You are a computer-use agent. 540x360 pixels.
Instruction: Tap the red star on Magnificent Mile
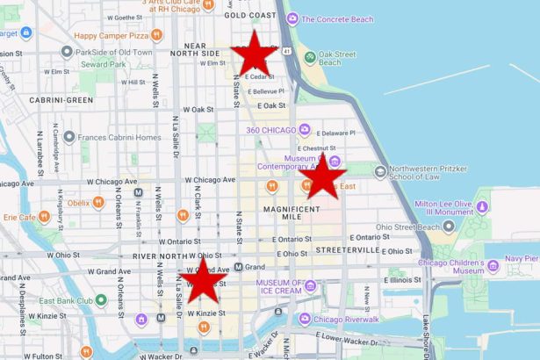(322, 176)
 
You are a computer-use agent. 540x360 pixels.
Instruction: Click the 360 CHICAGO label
(271, 130)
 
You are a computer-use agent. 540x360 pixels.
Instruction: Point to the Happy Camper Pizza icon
(156, 35)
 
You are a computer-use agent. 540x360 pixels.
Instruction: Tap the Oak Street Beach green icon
(309, 57)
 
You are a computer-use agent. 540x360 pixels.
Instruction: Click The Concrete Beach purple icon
(292, 18)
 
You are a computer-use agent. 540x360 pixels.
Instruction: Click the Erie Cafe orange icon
(45, 217)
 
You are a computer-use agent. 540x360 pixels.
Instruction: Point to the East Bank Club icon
(101, 300)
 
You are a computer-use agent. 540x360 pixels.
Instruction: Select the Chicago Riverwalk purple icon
(305, 319)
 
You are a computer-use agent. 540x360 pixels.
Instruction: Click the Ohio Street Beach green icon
(450, 227)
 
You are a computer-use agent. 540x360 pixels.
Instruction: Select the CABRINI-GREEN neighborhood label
(61, 100)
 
